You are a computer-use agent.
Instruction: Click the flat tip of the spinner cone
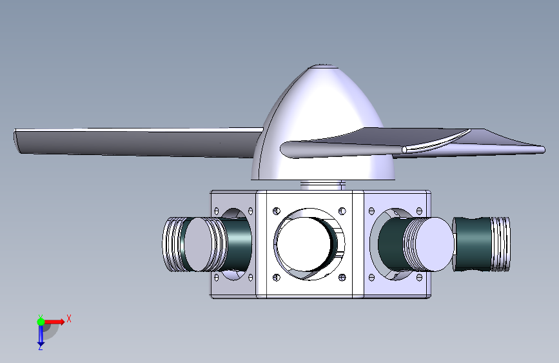(x=322, y=66)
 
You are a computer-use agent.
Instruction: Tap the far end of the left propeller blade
(x=16, y=141)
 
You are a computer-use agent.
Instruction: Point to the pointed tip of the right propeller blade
(x=543, y=149)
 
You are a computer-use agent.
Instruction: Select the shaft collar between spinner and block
(x=322, y=185)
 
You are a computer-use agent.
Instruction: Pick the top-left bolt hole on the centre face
(x=277, y=211)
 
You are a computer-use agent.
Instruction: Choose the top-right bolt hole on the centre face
(x=342, y=211)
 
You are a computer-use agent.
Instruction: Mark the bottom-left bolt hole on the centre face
(x=277, y=277)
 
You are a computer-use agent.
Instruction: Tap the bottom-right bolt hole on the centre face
(x=342, y=277)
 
